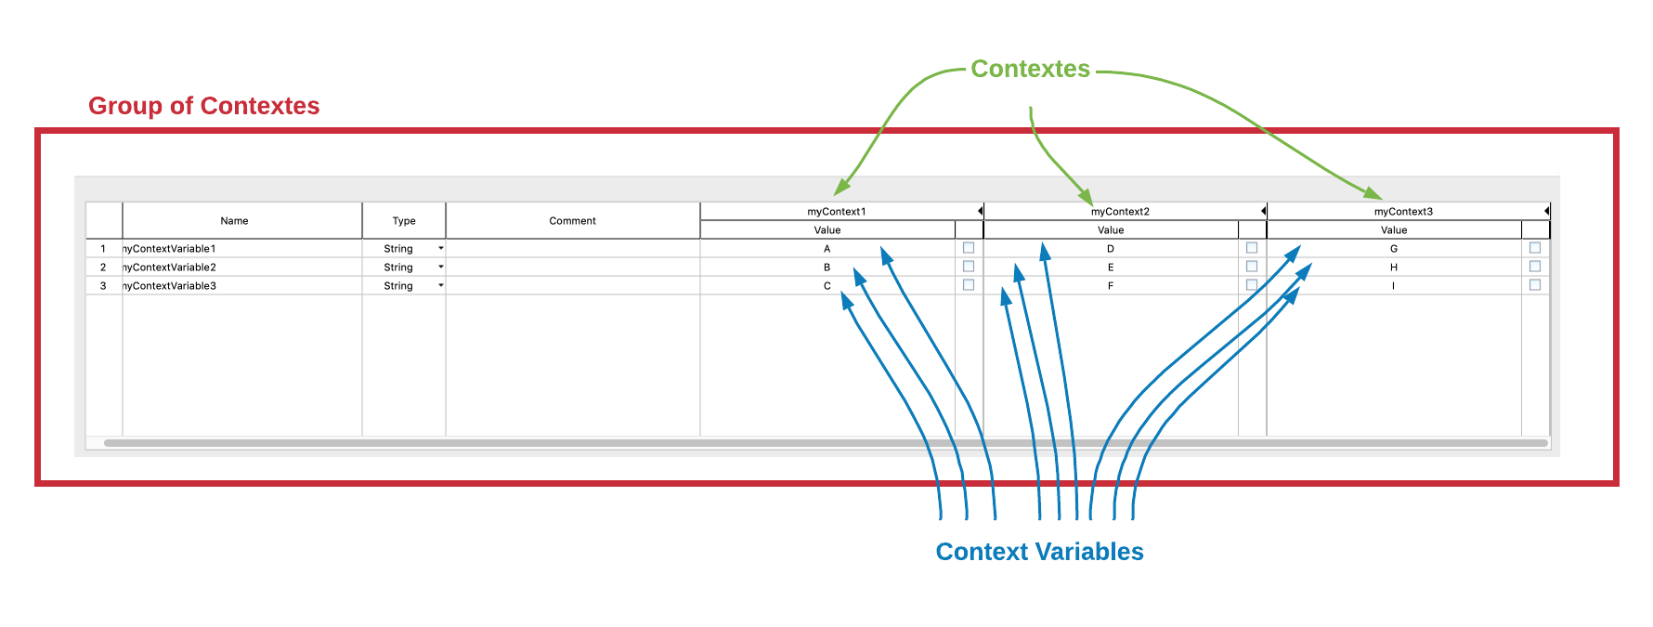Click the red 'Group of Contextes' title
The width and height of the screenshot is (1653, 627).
[x=203, y=106]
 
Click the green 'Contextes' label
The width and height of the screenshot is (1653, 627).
[x=1030, y=69]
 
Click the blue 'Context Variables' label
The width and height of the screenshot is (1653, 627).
[x=1039, y=552]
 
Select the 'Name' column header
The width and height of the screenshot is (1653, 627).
[x=234, y=221]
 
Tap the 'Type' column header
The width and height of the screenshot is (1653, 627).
[x=403, y=221]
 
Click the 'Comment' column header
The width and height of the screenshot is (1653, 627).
[x=572, y=221]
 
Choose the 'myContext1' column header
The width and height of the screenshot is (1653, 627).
[x=836, y=212]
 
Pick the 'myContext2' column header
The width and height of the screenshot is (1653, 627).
[x=1120, y=212]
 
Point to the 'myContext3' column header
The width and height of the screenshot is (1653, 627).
[x=1403, y=212]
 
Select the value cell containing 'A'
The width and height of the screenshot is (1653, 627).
[x=826, y=249]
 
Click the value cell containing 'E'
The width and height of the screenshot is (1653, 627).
[x=1111, y=268]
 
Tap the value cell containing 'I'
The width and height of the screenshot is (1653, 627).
[x=1393, y=286]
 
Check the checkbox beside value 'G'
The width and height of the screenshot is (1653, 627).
[x=1535, y=248]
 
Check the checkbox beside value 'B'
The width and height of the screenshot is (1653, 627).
[x=969, y=267]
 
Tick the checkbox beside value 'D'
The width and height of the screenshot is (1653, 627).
[x=1252, y=248]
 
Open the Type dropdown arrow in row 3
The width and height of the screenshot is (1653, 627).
[x=441, y=286]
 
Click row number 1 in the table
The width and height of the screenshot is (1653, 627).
[x=103, y=249]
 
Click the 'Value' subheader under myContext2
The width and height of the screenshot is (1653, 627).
[x=1111, y=230]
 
